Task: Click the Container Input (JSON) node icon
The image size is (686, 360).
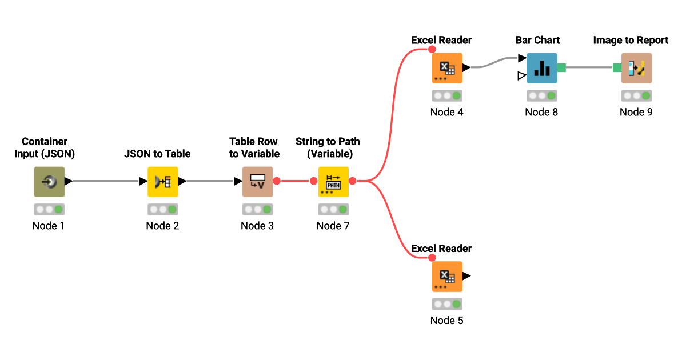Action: (49, 182)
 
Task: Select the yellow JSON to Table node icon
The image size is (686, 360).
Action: (162, 182)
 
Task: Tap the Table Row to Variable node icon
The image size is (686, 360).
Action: (257, 182)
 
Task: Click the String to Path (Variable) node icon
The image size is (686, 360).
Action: (333, 182)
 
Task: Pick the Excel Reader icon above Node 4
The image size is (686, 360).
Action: (446, 68)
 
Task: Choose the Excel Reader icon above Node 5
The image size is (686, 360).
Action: (446, 277)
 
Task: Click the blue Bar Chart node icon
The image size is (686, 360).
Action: (541, 68)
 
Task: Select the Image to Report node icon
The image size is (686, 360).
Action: (636, 68)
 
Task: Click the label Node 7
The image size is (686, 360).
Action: (333, 226)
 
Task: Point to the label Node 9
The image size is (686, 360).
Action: (636, 112)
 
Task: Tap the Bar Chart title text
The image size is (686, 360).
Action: (537, 40)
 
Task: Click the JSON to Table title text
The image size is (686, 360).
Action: (157, 154)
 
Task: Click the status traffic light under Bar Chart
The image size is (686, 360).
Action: (541, 96)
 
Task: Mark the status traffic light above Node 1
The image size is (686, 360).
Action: (49, 210)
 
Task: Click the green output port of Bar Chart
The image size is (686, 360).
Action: (561, 68)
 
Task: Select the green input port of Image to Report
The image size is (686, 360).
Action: (617, 68)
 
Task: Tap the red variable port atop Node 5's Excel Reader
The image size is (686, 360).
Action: (432, 258)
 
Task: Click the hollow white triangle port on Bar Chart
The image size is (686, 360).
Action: (521, 75)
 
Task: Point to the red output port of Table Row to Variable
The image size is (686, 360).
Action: (277, 181)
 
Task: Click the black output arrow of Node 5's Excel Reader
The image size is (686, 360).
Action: (466, 276)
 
